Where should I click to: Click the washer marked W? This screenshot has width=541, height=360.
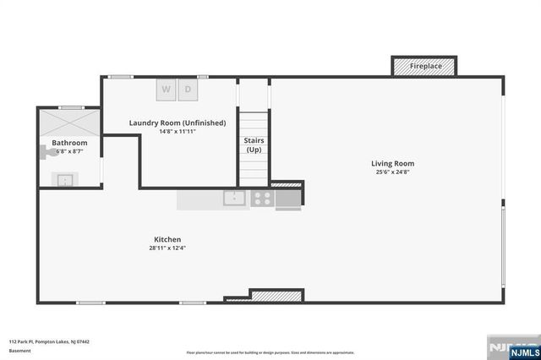pyautogui.click(x=166, y=89)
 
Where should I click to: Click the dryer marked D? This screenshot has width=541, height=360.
pyautogui.click(x=188, y=89)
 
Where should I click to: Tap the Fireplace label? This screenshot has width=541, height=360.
pyautogui.click(x=424, y=66)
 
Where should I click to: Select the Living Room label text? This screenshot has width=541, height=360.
pyautogui.click(x=393, y=163)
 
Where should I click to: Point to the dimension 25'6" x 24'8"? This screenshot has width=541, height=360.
pyautogui.click(x=393, y=172)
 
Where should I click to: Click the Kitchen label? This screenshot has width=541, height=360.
pyautogui.click(x=167, y=239)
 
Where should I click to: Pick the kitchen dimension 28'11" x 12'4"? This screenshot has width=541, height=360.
pyautogui.click(x=167, y=248)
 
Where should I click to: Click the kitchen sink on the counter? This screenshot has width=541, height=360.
pyautogui.click(x=234, y=199)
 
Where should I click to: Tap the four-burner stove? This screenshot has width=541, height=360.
pyautogui.click(x=262, y=199)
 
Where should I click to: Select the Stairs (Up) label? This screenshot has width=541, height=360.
pyautogui.click(x=253, y=145)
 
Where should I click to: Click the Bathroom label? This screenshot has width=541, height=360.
pyautogui.click(x=69, y=143)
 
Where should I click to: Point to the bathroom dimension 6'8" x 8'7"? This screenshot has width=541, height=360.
pyautogui.click(x=69, y=151)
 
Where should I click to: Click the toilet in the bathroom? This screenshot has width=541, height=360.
pyautogui.click(x=46, y=152)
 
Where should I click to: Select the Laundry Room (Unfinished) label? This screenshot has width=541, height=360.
pyautogui.click(x=178, y=123)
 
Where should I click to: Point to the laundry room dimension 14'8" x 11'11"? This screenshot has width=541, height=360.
pyautogui.click(x=178, y=132)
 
